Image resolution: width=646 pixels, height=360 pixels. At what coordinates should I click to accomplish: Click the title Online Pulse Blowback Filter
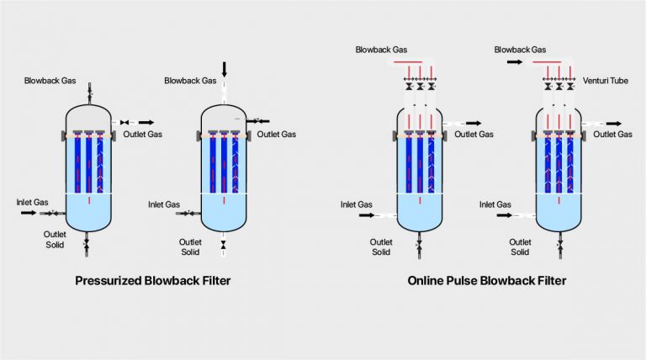tap(487, 281)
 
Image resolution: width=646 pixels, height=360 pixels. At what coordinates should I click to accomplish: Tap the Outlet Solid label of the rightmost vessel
tap(520, 246)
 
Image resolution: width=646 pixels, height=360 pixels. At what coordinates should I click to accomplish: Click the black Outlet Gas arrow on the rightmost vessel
tap(613, 123)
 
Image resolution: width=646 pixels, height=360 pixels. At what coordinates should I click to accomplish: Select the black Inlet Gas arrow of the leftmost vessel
tap(28, 214)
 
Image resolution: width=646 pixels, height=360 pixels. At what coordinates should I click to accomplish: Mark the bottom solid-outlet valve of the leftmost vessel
tap(89, 245)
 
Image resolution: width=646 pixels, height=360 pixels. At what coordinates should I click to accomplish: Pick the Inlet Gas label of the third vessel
tap(356, 204)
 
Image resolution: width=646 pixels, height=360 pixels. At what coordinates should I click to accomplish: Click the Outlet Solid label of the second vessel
tap(190, 246)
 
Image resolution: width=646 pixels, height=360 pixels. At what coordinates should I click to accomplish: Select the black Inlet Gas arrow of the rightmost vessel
tap(503, 215)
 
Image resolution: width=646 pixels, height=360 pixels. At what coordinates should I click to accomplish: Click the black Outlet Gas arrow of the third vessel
tap(474, 123)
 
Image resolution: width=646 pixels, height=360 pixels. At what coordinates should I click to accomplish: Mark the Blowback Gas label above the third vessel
tap(381, 50)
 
